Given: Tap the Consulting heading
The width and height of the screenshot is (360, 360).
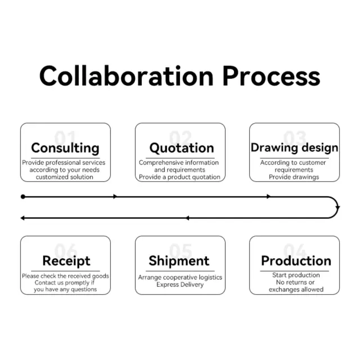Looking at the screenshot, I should coord(65,148).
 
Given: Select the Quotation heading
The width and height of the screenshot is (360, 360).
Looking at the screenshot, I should coord(181,148).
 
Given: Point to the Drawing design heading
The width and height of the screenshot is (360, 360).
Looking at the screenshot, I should coord(294,148).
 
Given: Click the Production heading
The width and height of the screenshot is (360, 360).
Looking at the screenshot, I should coord(296,261).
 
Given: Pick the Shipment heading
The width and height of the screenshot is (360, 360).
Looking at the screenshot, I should coord(179,261).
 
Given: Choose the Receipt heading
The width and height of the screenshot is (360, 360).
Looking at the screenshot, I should coord(66,261).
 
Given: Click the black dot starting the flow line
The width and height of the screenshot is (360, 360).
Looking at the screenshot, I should coord(23,197).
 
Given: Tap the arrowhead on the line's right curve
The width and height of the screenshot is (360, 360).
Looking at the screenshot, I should coord(337,208).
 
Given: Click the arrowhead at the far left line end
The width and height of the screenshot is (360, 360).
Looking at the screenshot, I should coord(22,218).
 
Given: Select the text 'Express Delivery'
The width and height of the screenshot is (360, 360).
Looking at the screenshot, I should coord(180,285).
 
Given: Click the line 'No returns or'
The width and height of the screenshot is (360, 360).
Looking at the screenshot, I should coord(296,282).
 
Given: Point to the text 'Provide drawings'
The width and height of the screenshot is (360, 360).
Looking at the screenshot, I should coord(294,177).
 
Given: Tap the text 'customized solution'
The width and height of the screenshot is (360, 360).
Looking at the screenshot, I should coord(65,177).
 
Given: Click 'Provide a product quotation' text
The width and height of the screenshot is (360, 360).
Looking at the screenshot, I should coord(179,177).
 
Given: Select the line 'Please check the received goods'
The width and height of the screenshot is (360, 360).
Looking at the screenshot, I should coord(65,276).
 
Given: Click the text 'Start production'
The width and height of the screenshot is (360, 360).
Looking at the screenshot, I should coord(296,275).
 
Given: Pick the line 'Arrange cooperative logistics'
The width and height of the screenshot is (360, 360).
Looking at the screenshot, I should coord(180,277).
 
